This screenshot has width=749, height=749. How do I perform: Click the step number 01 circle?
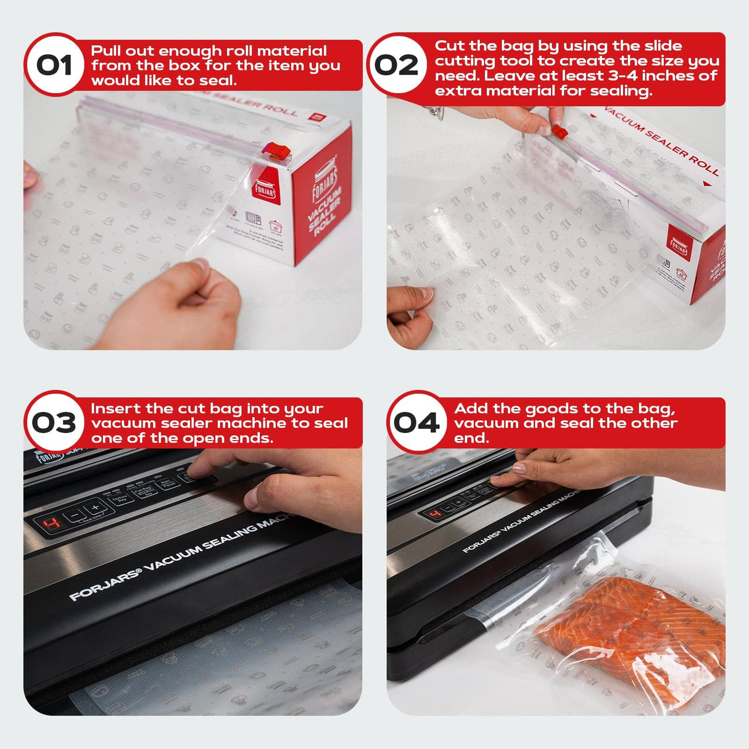pos(54,65)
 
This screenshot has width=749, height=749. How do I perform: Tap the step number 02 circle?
pos(397,65)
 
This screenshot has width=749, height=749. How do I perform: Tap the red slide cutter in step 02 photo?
pos(560,131)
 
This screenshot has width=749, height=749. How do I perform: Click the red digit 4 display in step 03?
pos(54,524)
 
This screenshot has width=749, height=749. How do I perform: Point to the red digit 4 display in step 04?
pos(436,513)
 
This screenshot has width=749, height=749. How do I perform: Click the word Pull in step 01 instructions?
pos(106,51)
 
